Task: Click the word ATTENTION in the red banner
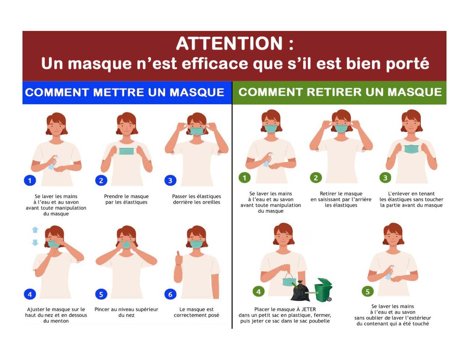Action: tap(230, 43)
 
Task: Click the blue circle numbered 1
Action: tap(30, 180)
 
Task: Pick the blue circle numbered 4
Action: tap(30, 294)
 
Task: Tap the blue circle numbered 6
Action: tap(170, 294)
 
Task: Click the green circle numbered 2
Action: tap(316, 178)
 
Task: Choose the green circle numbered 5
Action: tap(368, 292)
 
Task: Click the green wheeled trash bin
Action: tap(323, 290)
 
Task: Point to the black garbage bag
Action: tap(300, 291)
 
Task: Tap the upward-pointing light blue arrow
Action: tap(35, 230)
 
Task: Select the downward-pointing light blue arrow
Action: tap(35, 243)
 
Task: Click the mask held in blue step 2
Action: tap(126, 151)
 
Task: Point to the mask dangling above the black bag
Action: tap(290, 280)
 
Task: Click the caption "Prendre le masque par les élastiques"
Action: tap(126, 199)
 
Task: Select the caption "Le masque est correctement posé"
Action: tap(196, 312)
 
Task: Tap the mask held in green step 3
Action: tap(411, 149)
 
